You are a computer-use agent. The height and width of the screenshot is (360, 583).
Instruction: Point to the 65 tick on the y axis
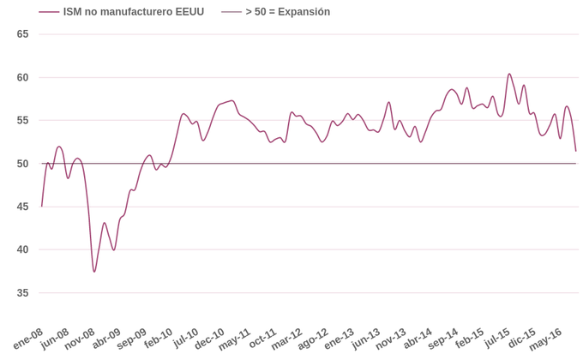(23, 34)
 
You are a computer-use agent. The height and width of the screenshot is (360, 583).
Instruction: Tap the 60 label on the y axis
(23, 77)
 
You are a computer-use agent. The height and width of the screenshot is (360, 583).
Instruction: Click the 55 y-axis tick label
(23, 120)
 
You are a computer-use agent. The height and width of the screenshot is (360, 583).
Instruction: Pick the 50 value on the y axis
(23, 164)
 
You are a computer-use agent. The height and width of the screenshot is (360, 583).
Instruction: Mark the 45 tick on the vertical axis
(23, 207)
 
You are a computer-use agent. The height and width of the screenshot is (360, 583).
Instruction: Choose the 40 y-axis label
(23, 249)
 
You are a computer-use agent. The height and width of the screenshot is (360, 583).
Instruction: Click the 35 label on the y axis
(23, 293)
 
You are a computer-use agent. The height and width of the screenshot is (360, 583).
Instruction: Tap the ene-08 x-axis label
(28, 339)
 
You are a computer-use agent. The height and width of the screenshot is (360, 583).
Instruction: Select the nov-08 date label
(80, 339)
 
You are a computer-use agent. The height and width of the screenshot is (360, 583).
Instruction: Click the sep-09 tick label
(132, 339)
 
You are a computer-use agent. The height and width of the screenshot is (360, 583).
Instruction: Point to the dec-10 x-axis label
(210, 339)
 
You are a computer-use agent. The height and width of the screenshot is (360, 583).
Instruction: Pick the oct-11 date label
(262, 339)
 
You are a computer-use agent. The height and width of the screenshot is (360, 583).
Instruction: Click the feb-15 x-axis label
(470, 339)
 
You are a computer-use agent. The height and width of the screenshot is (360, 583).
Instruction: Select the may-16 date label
(546, 339)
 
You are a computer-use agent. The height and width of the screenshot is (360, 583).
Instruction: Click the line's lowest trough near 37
(94, 272)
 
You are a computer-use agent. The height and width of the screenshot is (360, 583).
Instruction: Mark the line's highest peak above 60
(509, 74)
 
